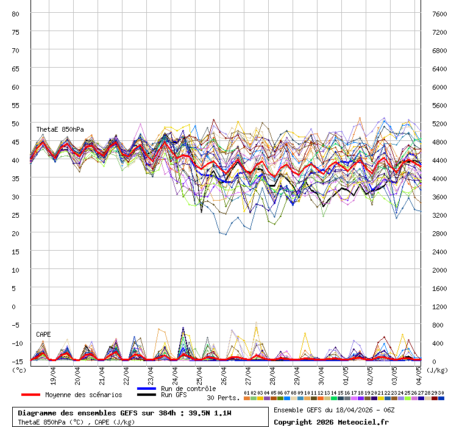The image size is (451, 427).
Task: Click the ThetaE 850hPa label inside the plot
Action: pos(60,129)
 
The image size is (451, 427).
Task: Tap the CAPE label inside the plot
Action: pos(43,334)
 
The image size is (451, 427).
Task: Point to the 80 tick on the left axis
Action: pos(16,13)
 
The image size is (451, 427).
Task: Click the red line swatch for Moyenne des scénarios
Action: pos(30,395)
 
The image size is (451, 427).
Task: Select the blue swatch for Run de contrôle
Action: pos(147,389)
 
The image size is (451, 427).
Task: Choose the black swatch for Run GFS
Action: pos(147,395)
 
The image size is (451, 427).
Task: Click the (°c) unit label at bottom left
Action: pos(20,369)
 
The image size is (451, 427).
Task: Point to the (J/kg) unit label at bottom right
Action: pos(436,369)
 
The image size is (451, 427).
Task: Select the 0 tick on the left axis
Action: pos(16,306)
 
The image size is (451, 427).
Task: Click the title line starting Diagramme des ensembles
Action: pos(129,413)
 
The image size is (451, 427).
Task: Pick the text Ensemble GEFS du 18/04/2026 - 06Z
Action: pos(334,410)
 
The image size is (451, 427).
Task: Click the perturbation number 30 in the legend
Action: pos(441,393)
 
